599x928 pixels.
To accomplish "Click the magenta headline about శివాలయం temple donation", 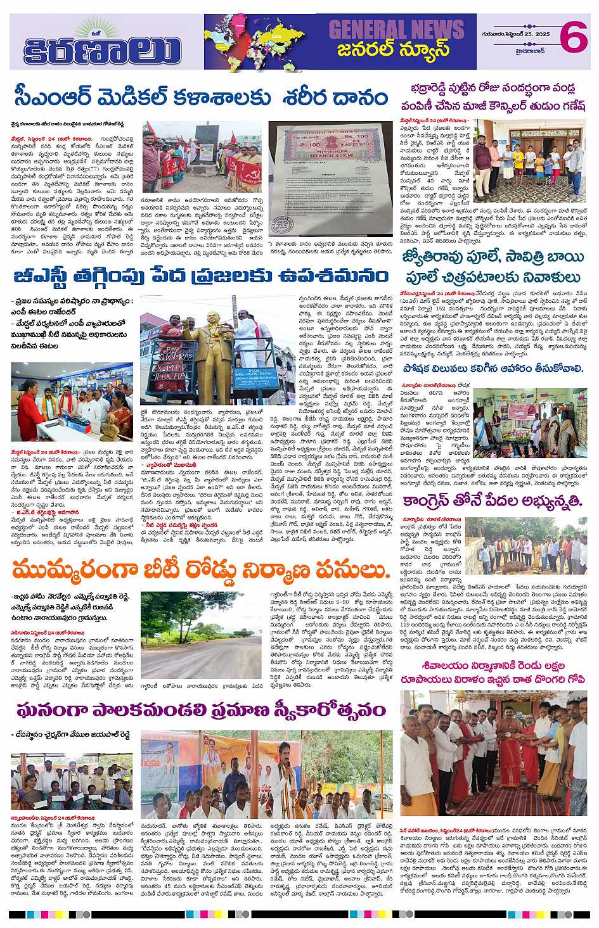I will point(497,674).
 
